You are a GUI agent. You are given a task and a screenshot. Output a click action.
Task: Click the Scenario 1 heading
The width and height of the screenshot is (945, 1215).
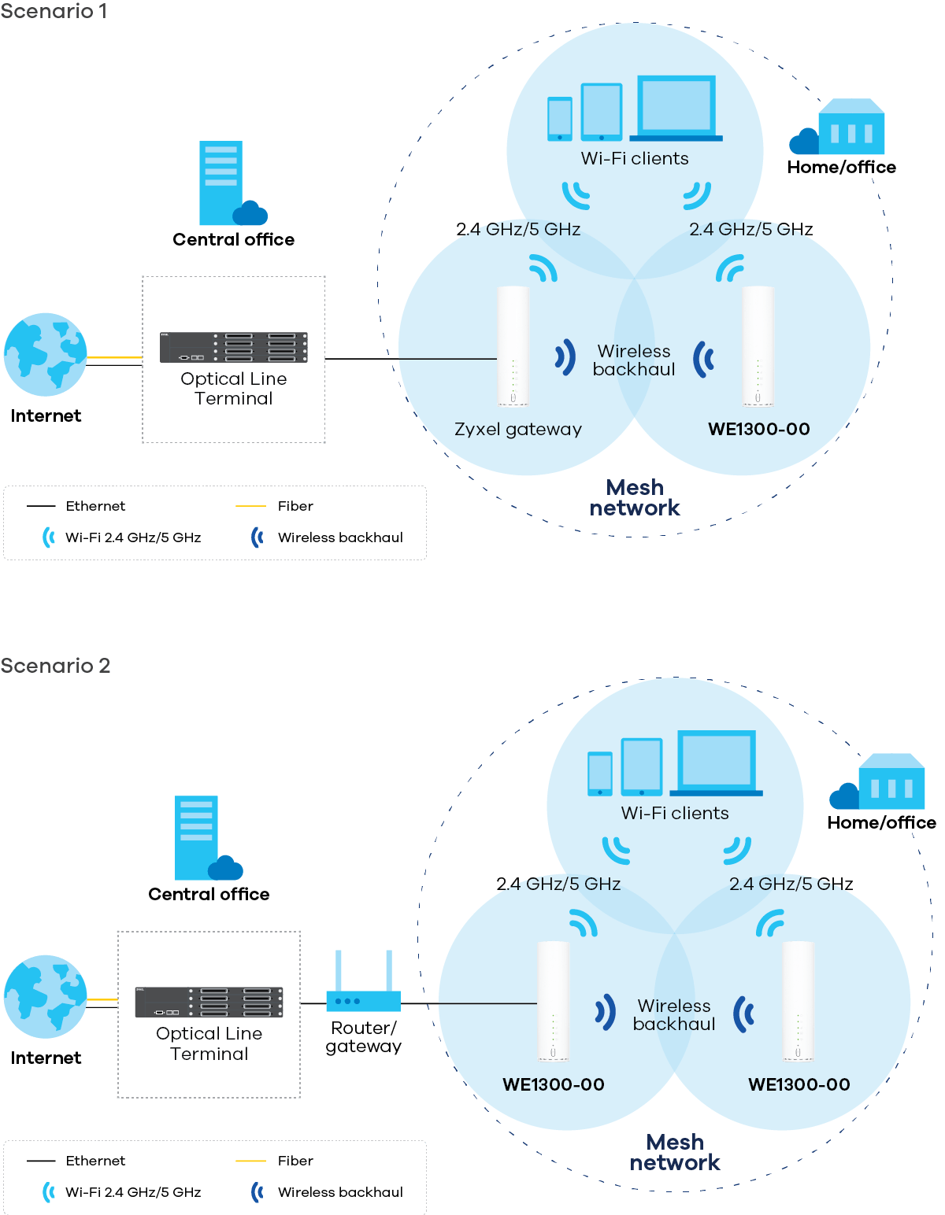(54, 12)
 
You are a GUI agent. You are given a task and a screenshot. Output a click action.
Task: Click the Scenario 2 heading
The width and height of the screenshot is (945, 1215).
(55, 666)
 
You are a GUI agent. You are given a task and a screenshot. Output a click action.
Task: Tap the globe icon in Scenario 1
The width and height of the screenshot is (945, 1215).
(45, 355)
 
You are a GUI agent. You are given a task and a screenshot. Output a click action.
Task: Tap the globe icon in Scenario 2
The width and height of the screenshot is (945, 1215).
(45, 997)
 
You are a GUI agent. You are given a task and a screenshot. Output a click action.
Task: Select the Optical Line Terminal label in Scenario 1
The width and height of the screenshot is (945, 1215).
(233, 389)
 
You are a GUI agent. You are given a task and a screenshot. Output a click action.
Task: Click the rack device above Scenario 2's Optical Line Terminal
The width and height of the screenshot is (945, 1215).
(209, 1002)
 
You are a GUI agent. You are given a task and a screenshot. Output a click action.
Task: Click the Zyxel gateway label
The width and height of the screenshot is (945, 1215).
(517, 430)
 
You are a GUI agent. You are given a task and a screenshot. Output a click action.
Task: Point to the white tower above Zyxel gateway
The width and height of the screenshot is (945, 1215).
(513, 346)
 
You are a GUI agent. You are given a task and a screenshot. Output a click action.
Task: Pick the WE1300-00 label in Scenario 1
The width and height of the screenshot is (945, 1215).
(758, 430)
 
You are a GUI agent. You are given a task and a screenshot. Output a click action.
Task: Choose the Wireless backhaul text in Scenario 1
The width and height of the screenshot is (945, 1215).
(634, 360)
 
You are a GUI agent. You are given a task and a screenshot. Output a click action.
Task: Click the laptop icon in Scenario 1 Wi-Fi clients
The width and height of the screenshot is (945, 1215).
(676, 109)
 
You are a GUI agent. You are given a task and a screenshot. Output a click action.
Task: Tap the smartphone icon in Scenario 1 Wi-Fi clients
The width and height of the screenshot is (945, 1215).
(559, 119)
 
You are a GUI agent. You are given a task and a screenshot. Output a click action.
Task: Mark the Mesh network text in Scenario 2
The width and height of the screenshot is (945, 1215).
(675, 1153)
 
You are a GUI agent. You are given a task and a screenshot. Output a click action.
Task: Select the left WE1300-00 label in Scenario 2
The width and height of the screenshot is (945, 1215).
(553, 1084)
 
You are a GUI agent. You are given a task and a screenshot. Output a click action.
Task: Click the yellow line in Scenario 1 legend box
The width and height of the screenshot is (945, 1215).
(250, 506)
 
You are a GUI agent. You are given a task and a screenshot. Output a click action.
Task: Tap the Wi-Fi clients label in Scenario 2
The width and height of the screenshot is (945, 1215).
(675, 814)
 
